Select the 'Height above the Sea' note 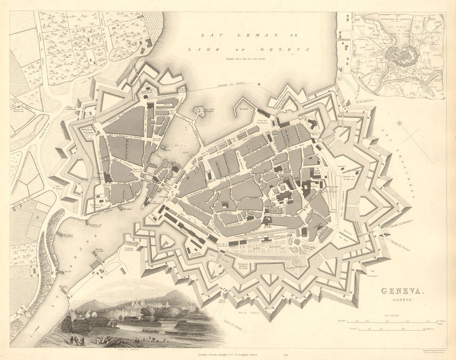(248, 58)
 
